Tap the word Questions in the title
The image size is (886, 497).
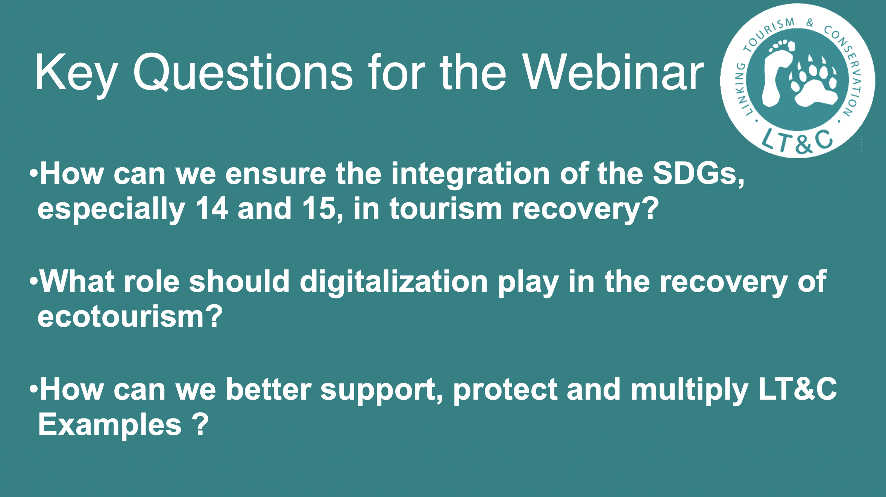coord(243,72)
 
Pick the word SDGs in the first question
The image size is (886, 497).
coord(698,174)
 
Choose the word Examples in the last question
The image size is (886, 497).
coord(109,425)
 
